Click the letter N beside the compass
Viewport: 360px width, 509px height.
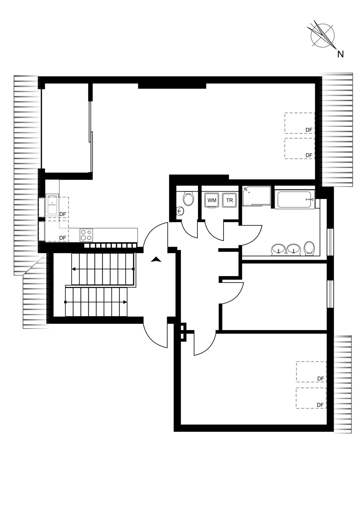[340, 54]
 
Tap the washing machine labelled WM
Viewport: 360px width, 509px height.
[211, 200]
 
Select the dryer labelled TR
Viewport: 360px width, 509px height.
[229, 200]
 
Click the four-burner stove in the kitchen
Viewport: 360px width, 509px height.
[86, 235]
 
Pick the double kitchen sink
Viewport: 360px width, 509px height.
[52, 205]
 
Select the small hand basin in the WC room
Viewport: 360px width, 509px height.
[180, 211]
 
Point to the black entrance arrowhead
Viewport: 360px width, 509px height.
[156, 259]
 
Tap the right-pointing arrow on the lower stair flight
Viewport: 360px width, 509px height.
[96, 302]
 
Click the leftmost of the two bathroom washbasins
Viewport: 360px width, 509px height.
[278, 250]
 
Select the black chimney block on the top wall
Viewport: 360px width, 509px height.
[172, 86]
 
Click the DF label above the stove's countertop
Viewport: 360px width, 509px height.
[62, 238]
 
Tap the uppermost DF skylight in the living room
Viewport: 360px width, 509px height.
[300, 123]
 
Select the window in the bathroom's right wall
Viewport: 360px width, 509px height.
[330, 242]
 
